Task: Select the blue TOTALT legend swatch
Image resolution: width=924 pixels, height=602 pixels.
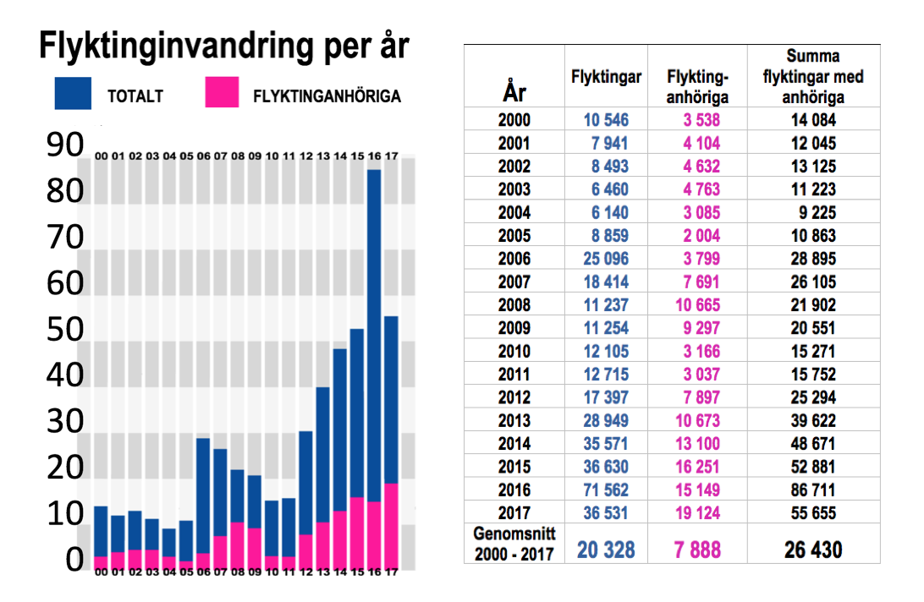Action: [x=74, y=93]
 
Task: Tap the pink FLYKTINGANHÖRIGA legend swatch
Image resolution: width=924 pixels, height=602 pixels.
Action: [x=223, y=93]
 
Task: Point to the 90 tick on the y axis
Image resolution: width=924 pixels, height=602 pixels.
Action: [x=64, y=146]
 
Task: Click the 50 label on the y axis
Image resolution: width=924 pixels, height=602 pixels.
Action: [x=64, y=330]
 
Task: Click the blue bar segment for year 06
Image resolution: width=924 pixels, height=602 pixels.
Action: [x=203, y=495]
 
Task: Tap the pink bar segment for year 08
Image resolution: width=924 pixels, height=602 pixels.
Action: [x=238, y=545]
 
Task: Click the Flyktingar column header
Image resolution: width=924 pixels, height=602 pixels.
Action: [x=606, y=77]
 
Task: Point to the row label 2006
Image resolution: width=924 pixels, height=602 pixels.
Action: [x=514, y=259]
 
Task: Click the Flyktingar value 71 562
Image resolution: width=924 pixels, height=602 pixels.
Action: [x=606, y=489]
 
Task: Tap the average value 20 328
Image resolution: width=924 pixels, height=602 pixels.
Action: [x=606, y=550]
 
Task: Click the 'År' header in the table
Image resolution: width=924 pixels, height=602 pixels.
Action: [x=514, y=90]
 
